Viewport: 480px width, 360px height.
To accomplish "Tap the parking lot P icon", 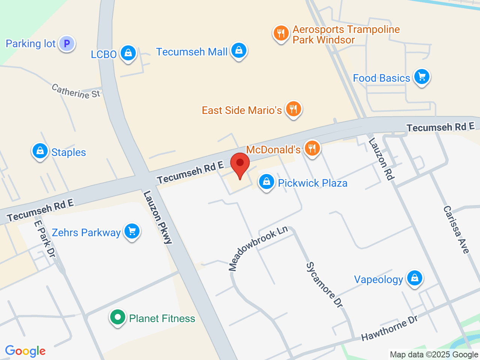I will pyautogui.click(x=67, y=43).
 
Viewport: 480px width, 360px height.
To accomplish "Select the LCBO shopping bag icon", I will pyautogui.click(x=128, y=54).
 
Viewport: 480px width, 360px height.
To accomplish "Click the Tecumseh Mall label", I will pyautogui.click(x=192, y=52).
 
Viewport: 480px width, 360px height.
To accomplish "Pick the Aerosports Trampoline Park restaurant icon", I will pyautogui.click(x=281, y=33).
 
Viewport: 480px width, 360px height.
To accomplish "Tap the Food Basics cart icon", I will pyautogui.click(x=422, y=77).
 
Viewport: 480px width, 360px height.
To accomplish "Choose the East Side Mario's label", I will pyautogui.click(x=241, y=110).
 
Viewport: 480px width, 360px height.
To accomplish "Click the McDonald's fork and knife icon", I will pyautogui.click(x=312, y=148).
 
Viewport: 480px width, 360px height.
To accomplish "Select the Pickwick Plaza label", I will pyautogui.click(x=312, y=183).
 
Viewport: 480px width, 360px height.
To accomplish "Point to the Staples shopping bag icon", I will pyautogui.click(x=40, y=151).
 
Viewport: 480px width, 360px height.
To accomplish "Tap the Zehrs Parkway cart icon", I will pyautogui.click(x=132, y=231).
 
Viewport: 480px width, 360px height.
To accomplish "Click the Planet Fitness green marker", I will pyautogui.click(x=118, y=318).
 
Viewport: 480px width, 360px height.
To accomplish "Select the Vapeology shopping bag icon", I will pyautogui.click(x=414, y=278).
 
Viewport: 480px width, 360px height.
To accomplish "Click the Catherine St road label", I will pyautogui.click(x=76, y=91).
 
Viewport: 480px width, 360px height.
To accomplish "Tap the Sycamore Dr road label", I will pyautogui.click(x=325, y=285).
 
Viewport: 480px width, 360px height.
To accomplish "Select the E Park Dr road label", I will pyautogui.click(x=45, y=239).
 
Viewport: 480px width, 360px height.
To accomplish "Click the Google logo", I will pyautogui.click(x=25, y=351).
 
